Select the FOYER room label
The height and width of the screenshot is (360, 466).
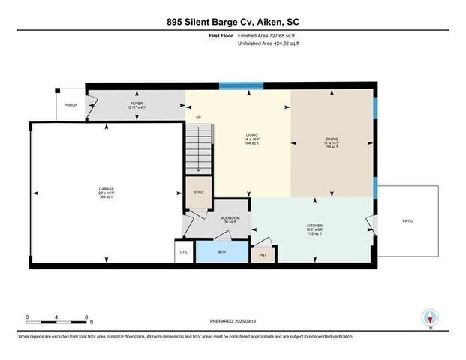coord(137,104)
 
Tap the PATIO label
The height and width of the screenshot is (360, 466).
coord(407,220)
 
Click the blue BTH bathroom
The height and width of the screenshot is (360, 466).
coord(222,251)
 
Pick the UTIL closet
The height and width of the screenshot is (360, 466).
coord(185,252)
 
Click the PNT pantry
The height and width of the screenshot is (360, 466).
coord(262,255)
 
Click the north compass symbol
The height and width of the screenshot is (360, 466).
coord(430,318)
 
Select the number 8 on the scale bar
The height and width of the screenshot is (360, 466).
coord(87,316)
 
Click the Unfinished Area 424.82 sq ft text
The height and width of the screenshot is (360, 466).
coord(268,44)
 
